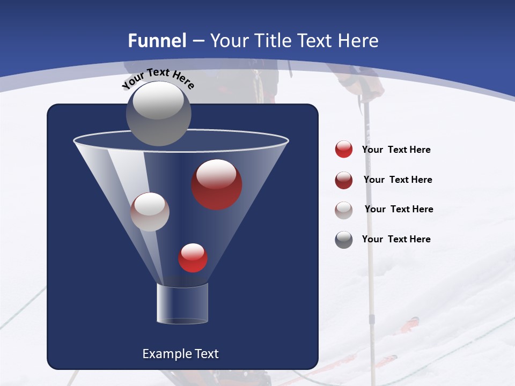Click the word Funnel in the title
pyautogui.click(x=157, y=41)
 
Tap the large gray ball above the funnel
pyautogui.click(x=158, y=113)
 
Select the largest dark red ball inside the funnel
pyautogui.click(x=217, y=184)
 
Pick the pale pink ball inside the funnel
pyautogui.click(x=150, y=212)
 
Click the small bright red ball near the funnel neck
pyautogui.click(x=193, y=257)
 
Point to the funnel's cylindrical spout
pyautogui.click(x=182, y=303)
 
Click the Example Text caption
pyautogui.click(x=180, y=354)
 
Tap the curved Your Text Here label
pyautogui.click(x=158, y=79)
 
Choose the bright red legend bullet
pyautogui.click(x=344, y=149)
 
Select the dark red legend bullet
pyautogui.click(x=344, y=180)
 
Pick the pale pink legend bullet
pyautogui.click(x=344, y=210)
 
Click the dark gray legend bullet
pyautogui.click(x=344, y=240)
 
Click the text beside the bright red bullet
pyautogui.click(x=396, y=150)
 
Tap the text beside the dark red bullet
pyautogui.click(x=398, y=180)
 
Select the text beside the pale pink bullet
pyautogui.click(x=399, y=209)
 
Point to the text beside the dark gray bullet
pyautogui.click(x=396, y=239)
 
